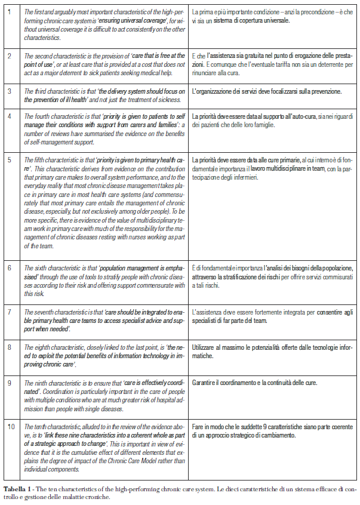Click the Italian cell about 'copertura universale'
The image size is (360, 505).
pyautogui.click(x=272, y=16)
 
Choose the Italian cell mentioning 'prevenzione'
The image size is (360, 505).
pyautogui.click(x=266, y=91)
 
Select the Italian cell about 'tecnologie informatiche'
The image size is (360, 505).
pyautogui.click(x=272, y=350)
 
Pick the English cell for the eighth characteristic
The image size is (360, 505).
pyautogui.click(x=102, y=355)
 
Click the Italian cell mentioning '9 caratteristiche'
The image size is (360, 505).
pyautogui.click(x=272, y=431)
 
